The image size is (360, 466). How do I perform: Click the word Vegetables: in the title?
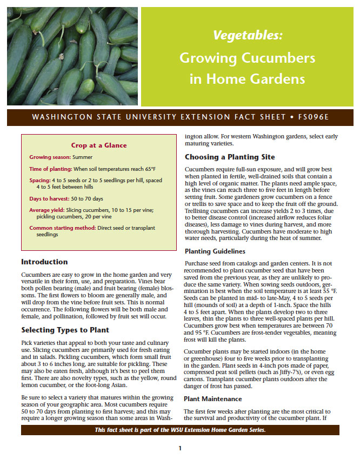tap(248, 36)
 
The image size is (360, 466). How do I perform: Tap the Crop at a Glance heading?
tap(99, 145)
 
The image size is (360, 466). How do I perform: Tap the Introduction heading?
tap(44, 262)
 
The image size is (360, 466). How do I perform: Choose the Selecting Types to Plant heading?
tap(65, 330)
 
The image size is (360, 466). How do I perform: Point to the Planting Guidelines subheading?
tap(215, 251)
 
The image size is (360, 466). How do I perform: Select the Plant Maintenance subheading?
tap(212, 398)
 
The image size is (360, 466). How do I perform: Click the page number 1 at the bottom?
tap(180, 448)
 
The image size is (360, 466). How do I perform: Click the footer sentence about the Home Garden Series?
tap(180, 430)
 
